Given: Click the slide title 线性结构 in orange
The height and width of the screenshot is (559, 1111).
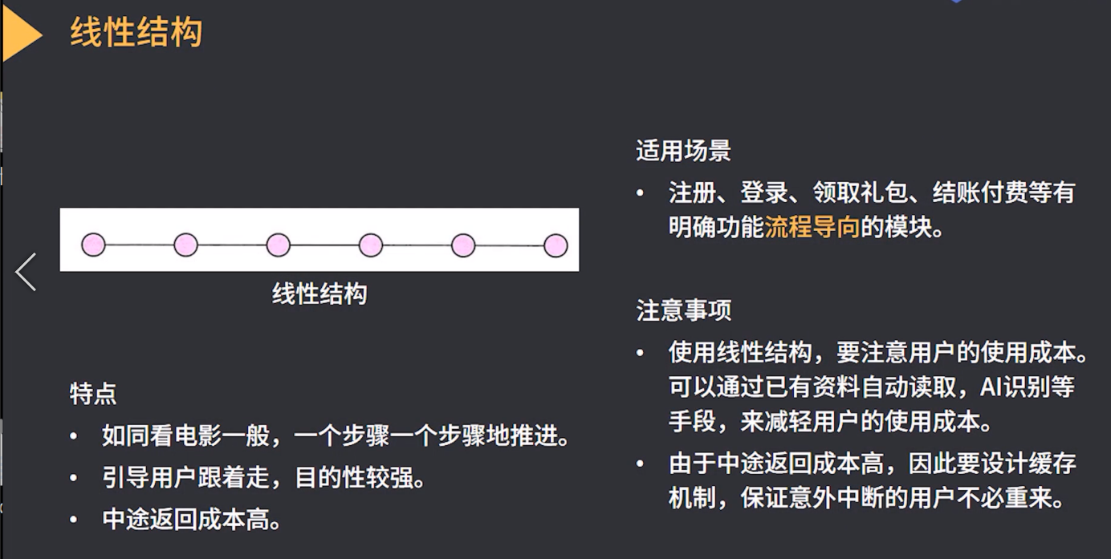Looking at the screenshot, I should pos(136,34).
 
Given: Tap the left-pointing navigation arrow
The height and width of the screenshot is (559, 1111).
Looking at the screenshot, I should pos(26,272).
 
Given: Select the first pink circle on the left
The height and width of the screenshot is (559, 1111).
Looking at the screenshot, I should pos(93,245).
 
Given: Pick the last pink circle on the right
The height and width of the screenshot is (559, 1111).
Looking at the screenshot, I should pos(555,245).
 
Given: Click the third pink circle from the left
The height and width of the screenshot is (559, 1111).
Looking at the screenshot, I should pos(278,245).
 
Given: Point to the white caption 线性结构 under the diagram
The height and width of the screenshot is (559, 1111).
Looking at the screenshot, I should pos(319,294).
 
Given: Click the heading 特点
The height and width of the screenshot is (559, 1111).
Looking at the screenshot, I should pos(93,394).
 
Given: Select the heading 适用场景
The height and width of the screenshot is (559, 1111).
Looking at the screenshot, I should pos(683,151).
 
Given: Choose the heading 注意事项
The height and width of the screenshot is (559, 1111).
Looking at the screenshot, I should pos(683,310).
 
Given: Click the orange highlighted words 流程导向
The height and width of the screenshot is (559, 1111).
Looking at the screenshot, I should pos(812,228).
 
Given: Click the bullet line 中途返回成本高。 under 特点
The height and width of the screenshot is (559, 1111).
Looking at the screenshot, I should pos(193,520).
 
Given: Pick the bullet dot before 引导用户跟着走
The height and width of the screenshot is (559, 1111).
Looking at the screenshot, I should pos(74,479).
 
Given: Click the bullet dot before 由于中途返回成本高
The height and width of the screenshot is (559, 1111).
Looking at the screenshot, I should pos(640,464).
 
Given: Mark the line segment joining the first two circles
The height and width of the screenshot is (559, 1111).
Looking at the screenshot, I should pos(140,245).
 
